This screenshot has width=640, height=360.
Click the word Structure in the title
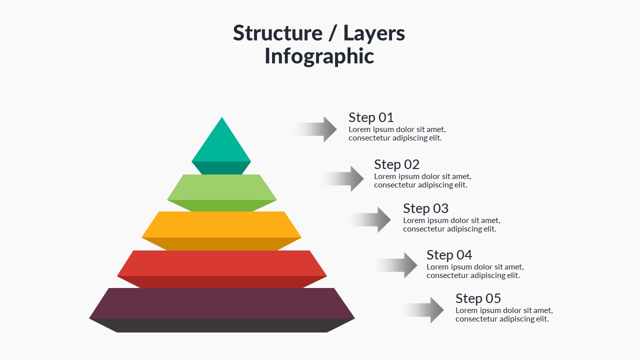click(x=277, y=33)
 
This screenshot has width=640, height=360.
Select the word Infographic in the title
click(x=319, y=56)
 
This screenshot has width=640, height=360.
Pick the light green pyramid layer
click(x=221, y=188)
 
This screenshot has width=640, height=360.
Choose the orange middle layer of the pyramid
click(x=221, y=225)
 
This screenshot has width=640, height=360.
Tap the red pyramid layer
click(x=221, y=263)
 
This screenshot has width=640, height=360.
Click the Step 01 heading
click(x=371, y=117)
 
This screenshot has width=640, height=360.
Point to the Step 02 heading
click(x=396, y=164)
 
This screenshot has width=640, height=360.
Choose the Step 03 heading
click(x=425, y=208)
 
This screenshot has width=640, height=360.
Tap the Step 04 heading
click(x=449, y=255)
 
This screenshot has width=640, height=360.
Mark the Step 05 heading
click(x=478, y=298)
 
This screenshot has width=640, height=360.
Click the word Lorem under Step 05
click(x=466, y=310)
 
